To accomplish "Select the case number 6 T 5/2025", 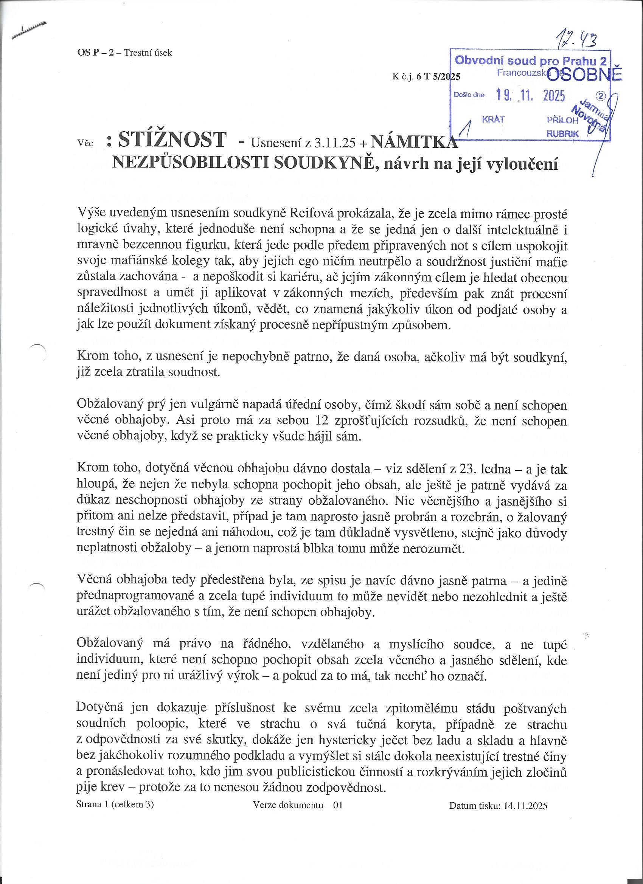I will click(x=438, y=77).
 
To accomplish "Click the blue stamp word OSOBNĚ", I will click(x=583, y=74).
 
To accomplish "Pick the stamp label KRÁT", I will click(x=493, y=119).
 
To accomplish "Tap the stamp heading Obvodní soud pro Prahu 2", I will click(x=531, y=60).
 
